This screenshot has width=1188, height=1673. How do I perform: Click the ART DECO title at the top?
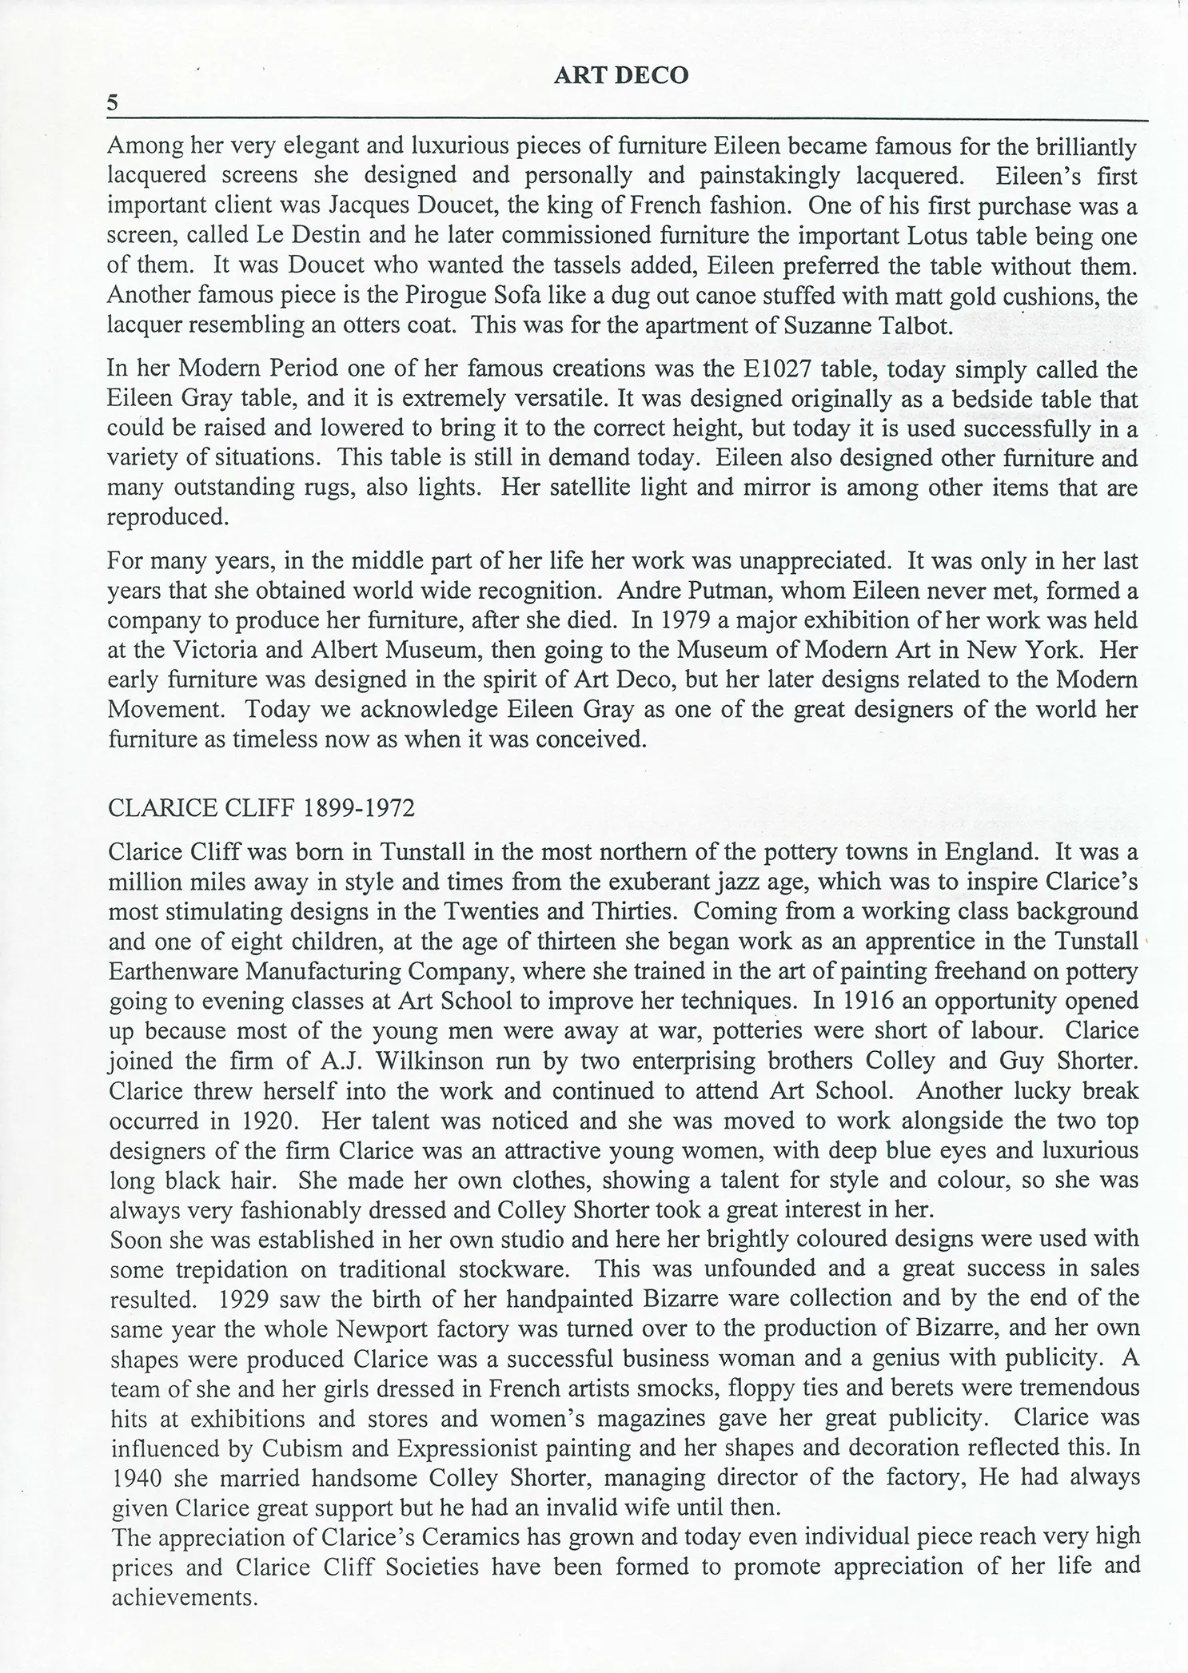pyautogui.click(x=620, y=75)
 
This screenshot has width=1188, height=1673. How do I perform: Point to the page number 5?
pyautogui.click(x=113, y=102)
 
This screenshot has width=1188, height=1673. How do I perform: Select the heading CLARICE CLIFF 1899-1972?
pyautogui.click(x=261, y=808)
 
